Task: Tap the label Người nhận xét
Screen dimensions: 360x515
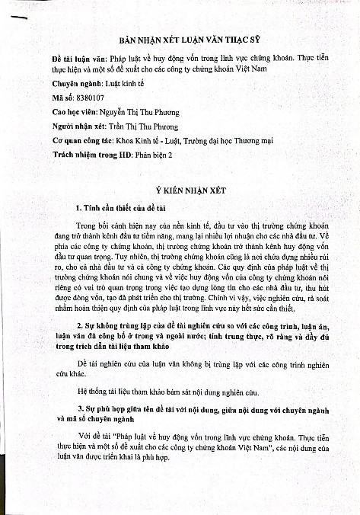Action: coord(78,127)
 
